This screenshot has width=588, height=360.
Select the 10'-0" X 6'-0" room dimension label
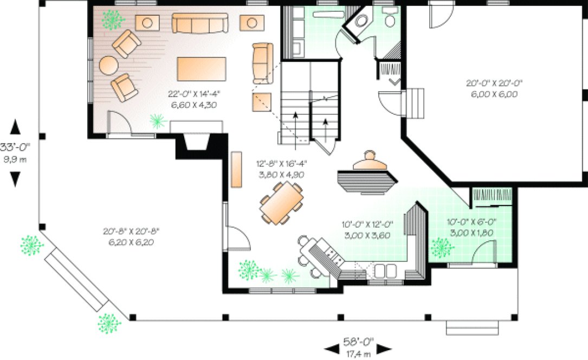[469, 227]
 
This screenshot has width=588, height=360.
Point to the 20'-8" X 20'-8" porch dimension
[131, 236]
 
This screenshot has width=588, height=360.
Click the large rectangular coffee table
[202, 69]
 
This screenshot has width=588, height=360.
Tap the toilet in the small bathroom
[389, 21]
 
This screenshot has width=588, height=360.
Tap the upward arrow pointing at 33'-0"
[15, 127]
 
